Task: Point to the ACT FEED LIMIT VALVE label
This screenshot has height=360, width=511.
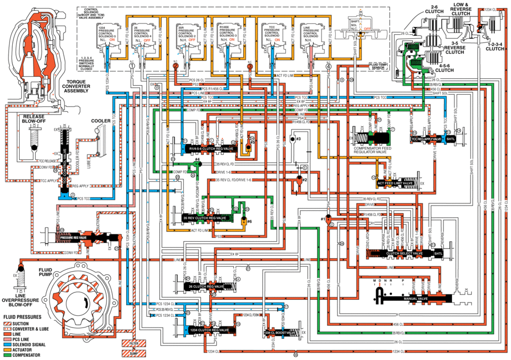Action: (395, 183)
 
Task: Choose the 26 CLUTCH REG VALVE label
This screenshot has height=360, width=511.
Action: (204, 286)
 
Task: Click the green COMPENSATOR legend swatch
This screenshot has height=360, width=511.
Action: (7, 354)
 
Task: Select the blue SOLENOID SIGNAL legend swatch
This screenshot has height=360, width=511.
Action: (7, 344)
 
